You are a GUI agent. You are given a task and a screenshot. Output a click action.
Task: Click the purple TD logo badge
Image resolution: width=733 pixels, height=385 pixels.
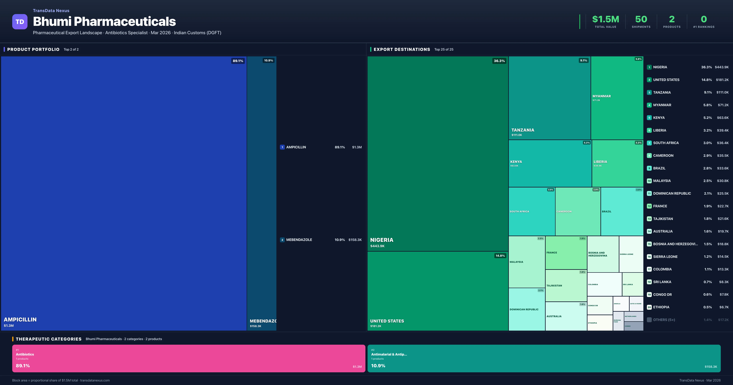20,22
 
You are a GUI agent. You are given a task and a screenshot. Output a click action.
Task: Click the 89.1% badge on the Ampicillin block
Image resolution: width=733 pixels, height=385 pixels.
238,61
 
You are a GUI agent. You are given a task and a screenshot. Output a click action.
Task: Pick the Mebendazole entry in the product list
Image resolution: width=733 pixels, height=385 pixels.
299,240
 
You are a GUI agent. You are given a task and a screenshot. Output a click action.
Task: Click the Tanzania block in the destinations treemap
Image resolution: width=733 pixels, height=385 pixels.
549,97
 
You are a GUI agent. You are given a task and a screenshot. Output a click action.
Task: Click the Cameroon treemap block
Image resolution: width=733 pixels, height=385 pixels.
578,211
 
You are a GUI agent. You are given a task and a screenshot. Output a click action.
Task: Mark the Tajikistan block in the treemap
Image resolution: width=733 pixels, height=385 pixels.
566,285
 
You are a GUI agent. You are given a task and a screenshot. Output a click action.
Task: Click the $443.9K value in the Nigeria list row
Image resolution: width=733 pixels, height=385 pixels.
721,67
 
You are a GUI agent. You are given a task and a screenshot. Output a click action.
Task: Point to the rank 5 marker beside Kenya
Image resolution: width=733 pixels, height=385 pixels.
649,118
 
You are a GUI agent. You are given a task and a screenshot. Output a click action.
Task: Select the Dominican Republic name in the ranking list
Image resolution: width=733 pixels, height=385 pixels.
672,193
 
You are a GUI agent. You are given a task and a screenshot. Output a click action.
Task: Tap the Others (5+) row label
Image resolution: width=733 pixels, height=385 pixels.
664,320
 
